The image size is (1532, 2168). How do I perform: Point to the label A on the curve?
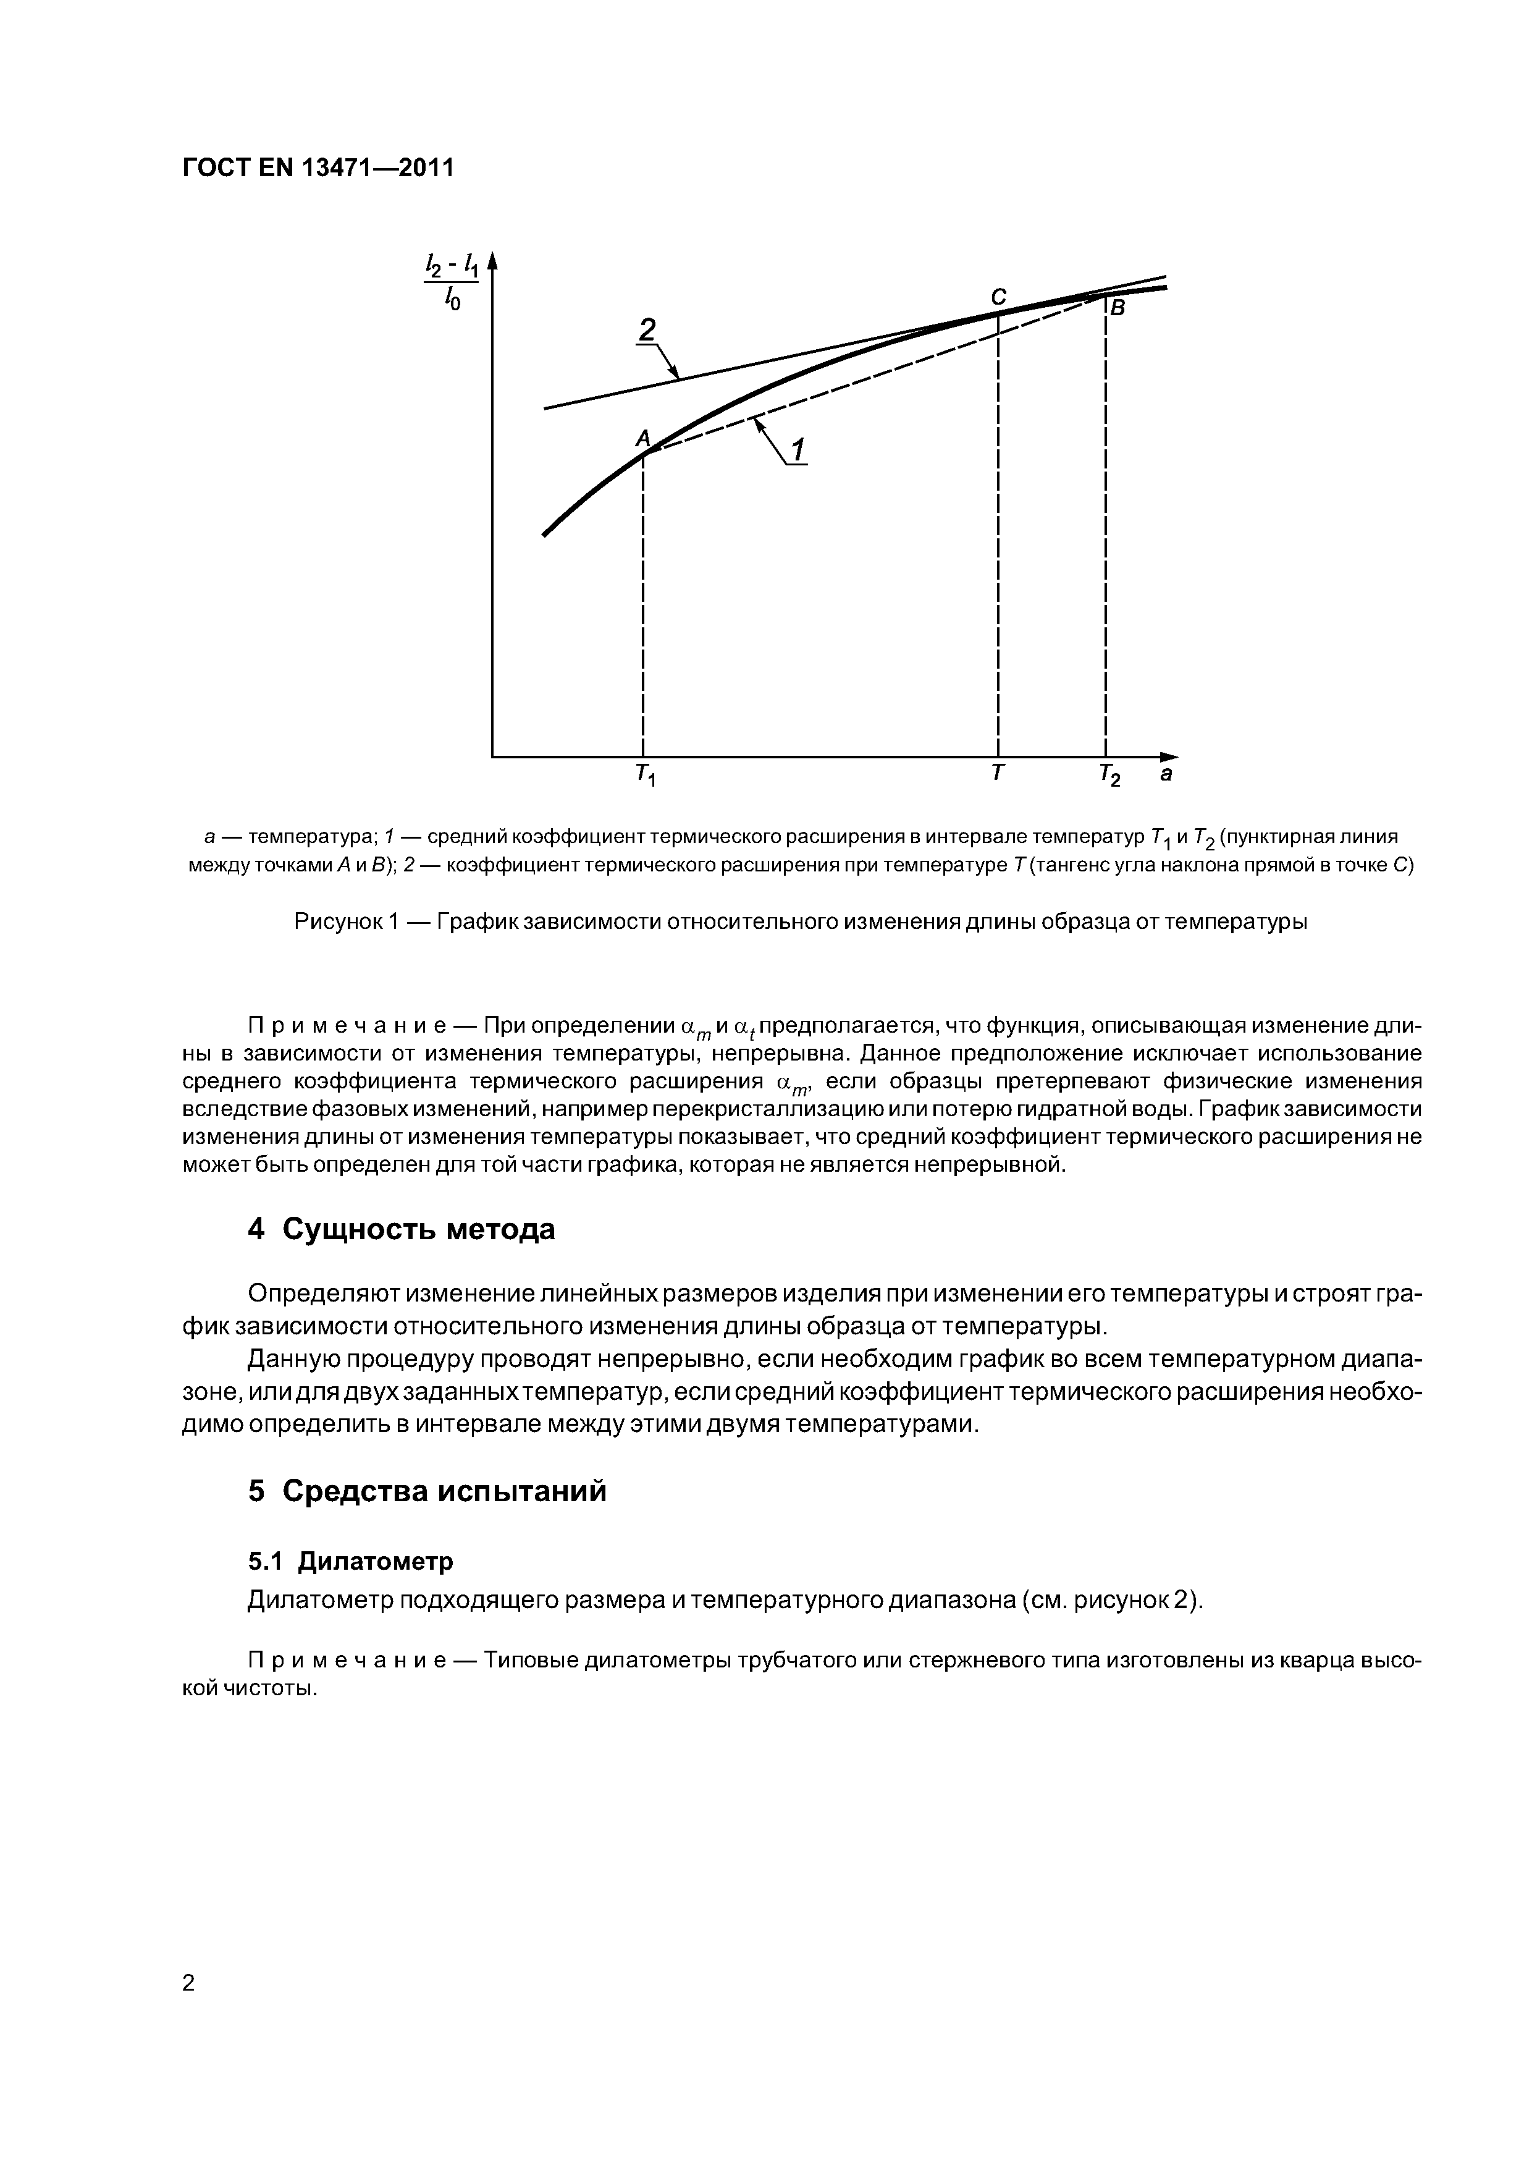coord(643,438)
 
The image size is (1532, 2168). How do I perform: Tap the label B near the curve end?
coord(1117,308)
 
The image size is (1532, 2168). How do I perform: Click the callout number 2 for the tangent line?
coord(647,329)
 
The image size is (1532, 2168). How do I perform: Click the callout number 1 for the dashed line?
coord(799,451)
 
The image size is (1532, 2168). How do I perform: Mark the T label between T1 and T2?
coord(998,773)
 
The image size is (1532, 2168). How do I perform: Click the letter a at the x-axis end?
coord(1166,774)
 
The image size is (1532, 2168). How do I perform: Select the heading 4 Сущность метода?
coord(401,1229)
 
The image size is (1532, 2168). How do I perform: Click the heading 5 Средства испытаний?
coord(427,1491)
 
